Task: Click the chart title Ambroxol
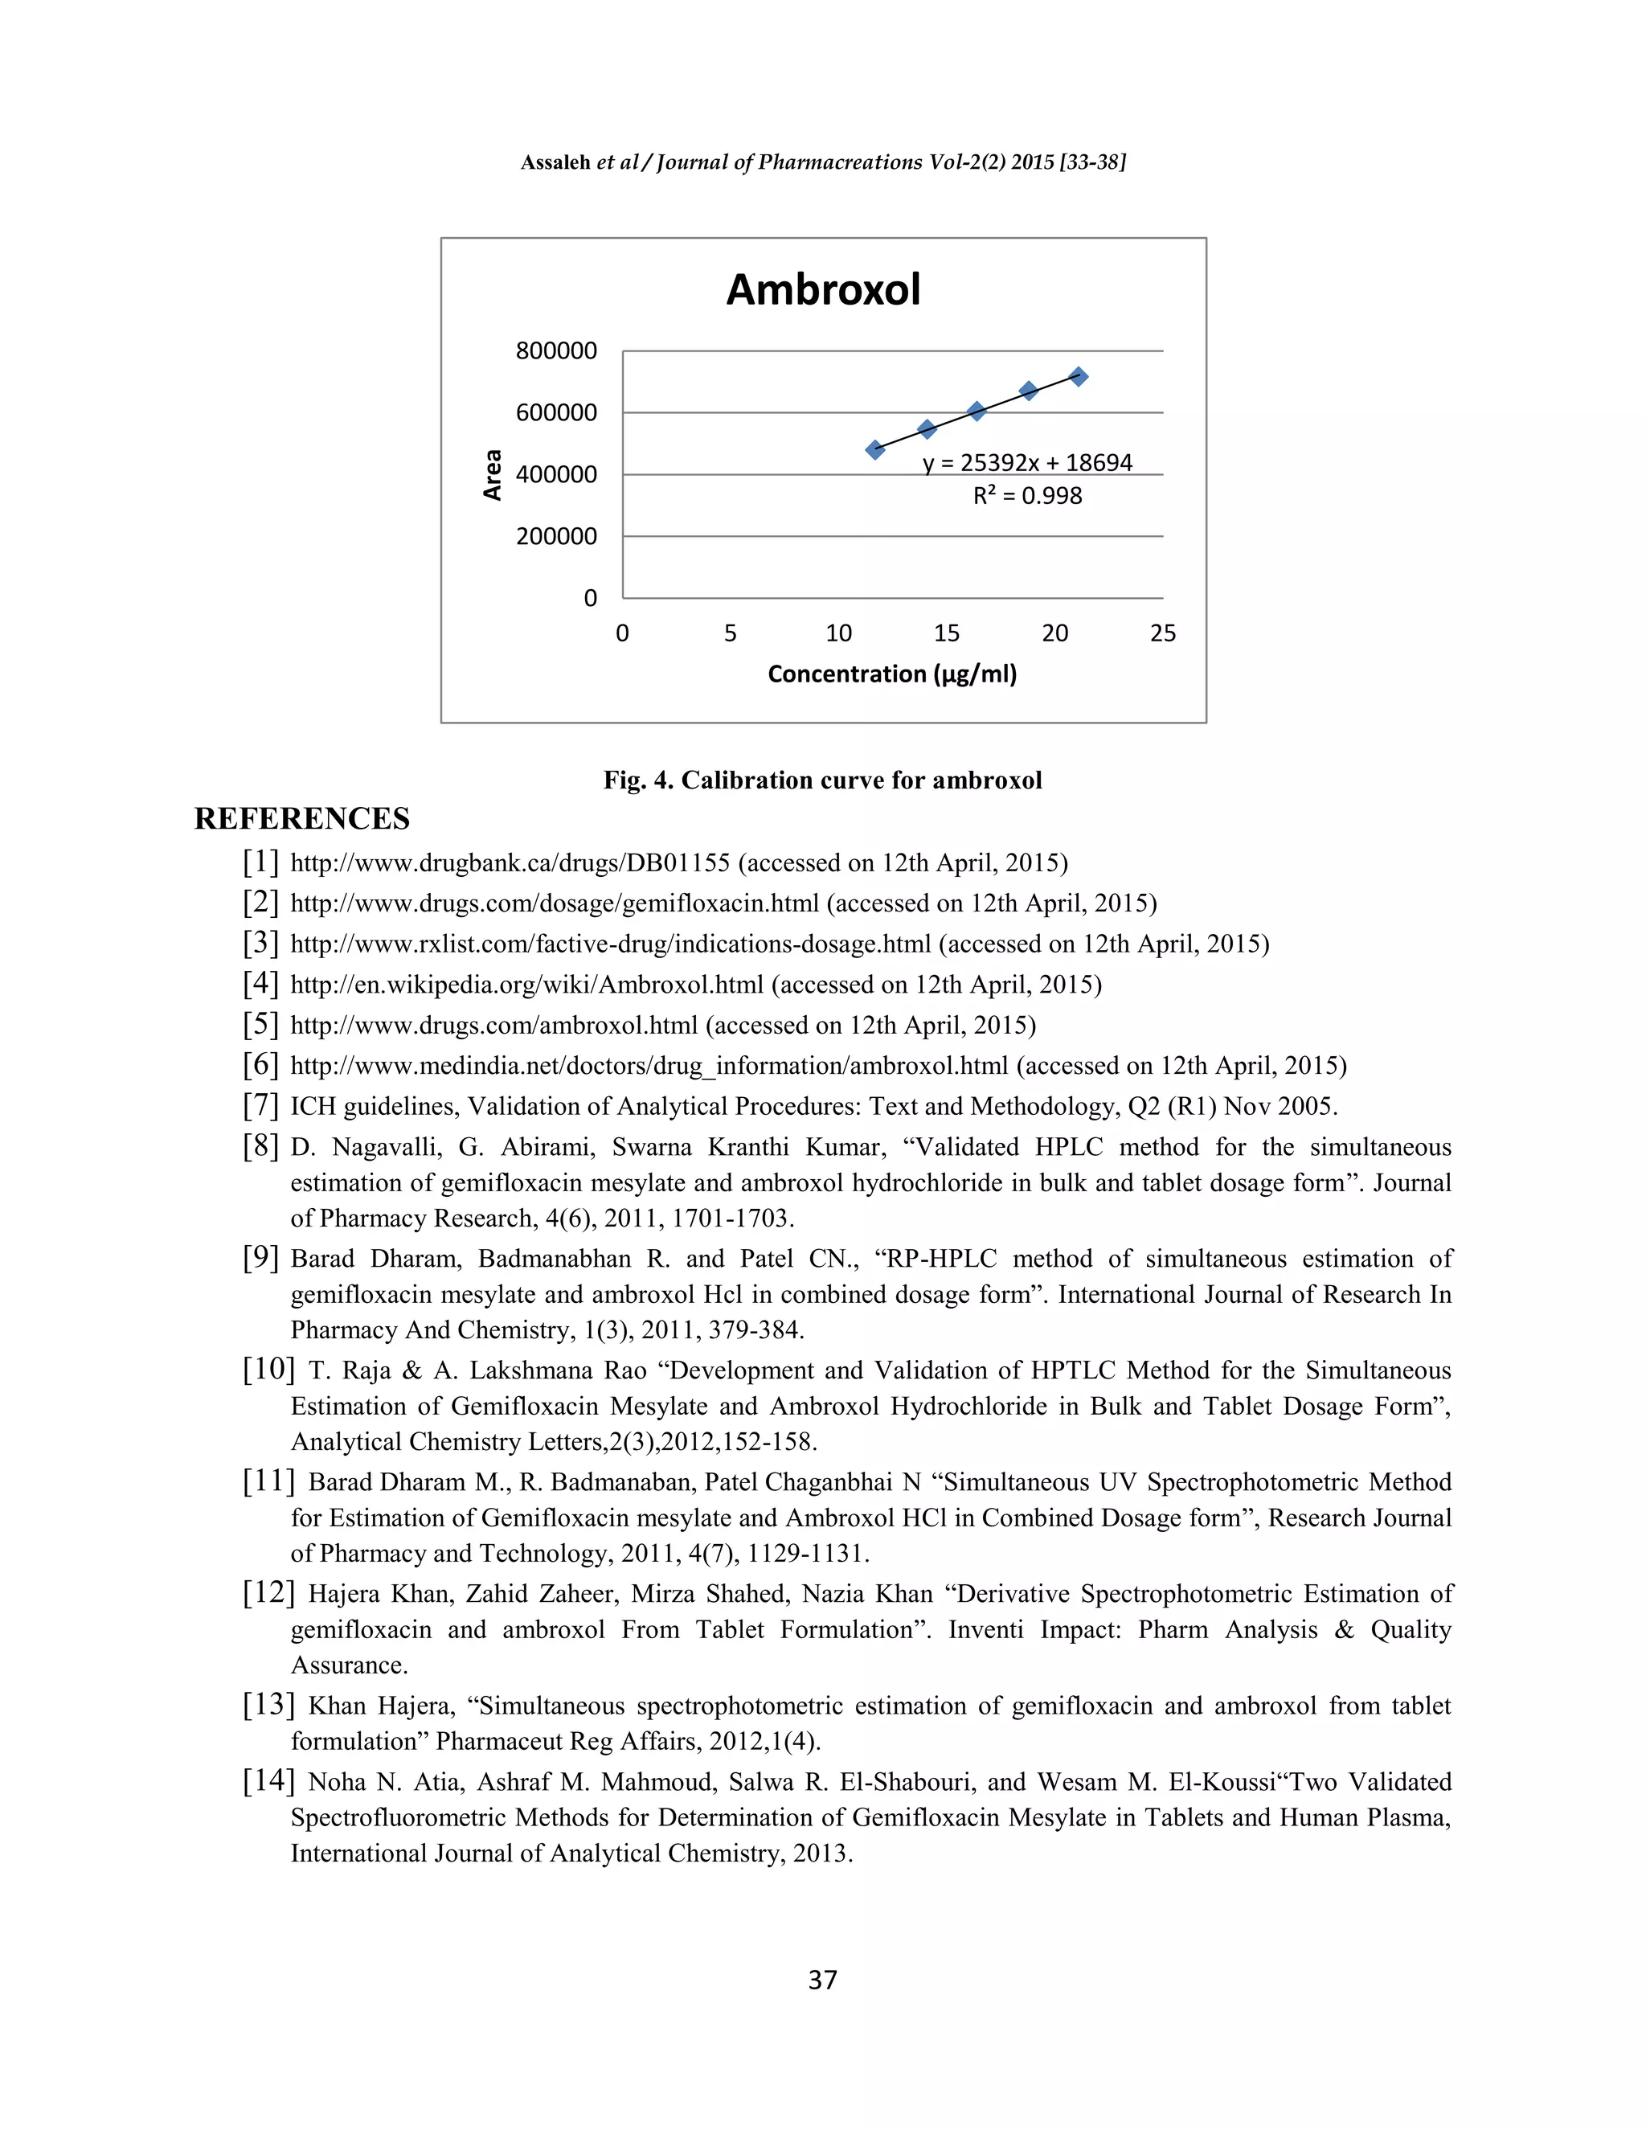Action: [x=823, y=289]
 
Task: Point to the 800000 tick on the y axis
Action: [x=556, y=351]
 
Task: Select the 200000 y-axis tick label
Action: [x=556, y=536]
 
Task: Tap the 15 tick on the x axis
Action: [x=946, y=634]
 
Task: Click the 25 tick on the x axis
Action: [x=1162, y=634]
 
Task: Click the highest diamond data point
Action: [x=1079, y=376]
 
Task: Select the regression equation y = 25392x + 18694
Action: [x=1027, y=462]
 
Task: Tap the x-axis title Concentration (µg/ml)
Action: [x=891, y=674]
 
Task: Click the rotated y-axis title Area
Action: [x=493, y=475]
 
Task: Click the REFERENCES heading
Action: [x=301, y=819]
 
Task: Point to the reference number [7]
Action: [x=260, y=1105]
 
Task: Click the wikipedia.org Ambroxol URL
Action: [x=526, y=985]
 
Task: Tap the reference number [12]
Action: [x=268, y=1592]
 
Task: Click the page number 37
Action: [x=822, y=1979]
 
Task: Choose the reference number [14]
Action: [x=268, y=1781]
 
